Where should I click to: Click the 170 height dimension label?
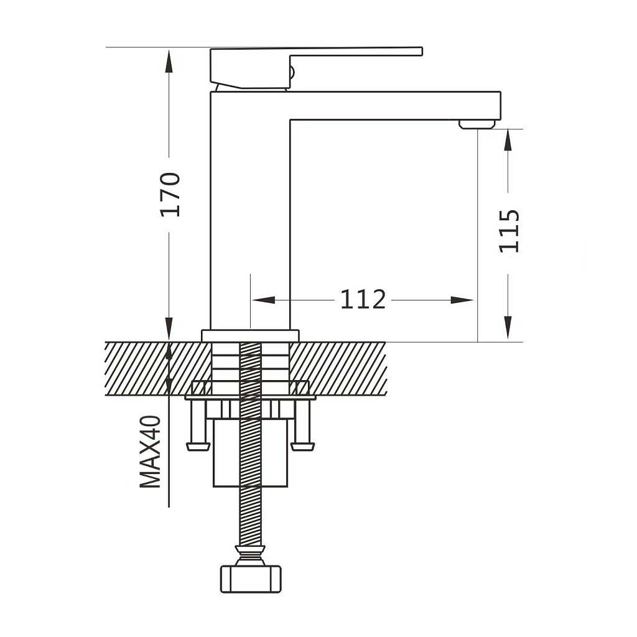(170, 195)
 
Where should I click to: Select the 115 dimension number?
(509, 231)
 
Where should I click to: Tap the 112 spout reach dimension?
(363, 300)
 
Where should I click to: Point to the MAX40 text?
(151, 452)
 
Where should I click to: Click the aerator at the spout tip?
(477, 124)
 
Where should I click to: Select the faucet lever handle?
(316, 67)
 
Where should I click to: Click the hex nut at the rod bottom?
(250, 579)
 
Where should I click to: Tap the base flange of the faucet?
(250, 335)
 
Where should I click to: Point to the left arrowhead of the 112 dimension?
(263, 300)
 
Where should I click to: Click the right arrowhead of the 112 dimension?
(462, 300)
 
